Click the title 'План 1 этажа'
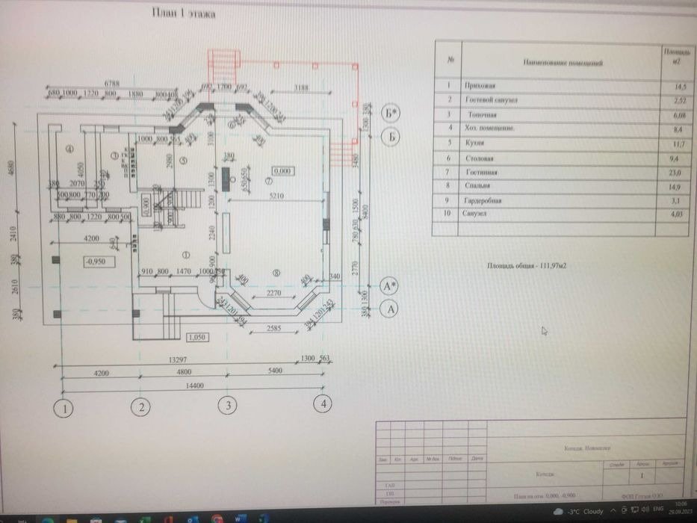click(x=184, y=13)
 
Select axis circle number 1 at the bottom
click(x=66, y=408)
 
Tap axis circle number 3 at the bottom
click(x=227, y=406)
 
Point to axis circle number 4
click(x=322, y=404)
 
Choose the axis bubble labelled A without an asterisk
click(x=389, y=308)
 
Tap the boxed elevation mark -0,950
click(x=96, y=262)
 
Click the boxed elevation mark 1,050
click(x=197, y=337)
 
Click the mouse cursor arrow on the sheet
click(x=544, y=329)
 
